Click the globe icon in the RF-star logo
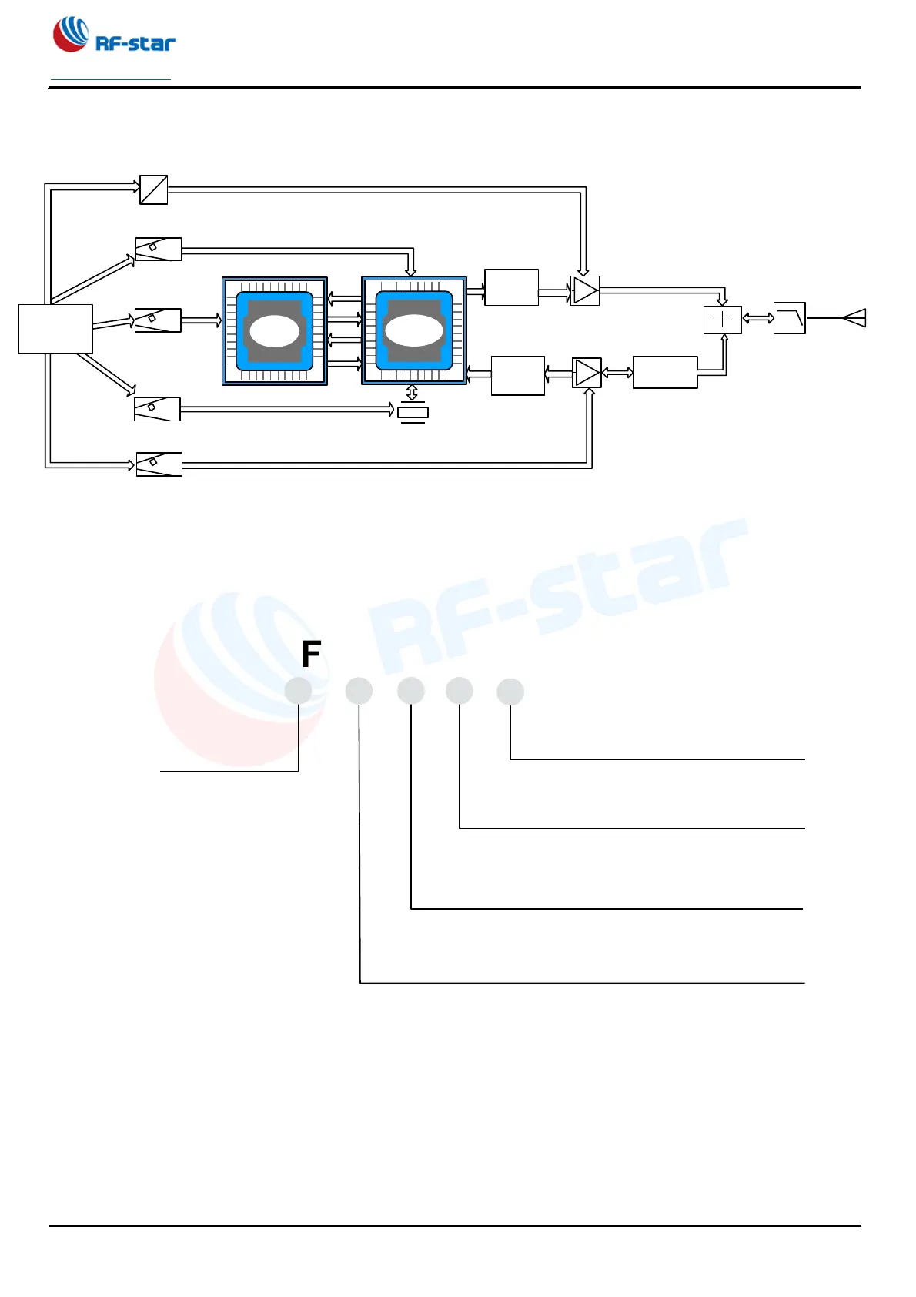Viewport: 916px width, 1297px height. click(70, 35)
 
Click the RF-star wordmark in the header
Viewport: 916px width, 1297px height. click(135, 44)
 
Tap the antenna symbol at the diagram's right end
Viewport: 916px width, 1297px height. click(855, 318)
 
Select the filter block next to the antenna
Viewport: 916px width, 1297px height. click(789, 318)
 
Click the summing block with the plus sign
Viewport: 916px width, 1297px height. click(723, 320)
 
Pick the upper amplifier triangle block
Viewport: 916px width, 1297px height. click(585, 290)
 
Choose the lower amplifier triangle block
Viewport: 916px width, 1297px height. click(587, 374)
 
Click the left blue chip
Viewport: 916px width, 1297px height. click(275, 331)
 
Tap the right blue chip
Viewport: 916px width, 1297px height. click(414, 330)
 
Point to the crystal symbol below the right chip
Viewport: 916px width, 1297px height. click(413, 413)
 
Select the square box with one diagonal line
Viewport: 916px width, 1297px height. click(154, 189)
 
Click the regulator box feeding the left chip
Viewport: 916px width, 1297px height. click(158, 320)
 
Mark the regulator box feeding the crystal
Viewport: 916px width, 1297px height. click(158, 409)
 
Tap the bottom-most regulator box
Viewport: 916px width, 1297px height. click(159, 464)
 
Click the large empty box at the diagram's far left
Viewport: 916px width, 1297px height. click(55, 329)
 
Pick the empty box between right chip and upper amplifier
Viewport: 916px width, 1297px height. click(511, 287)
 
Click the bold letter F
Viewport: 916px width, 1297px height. click(311, 655)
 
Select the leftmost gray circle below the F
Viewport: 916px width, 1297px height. click(298, 691)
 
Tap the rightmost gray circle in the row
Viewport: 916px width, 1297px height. click(510, 692)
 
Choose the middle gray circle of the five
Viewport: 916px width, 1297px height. click(411, 691)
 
